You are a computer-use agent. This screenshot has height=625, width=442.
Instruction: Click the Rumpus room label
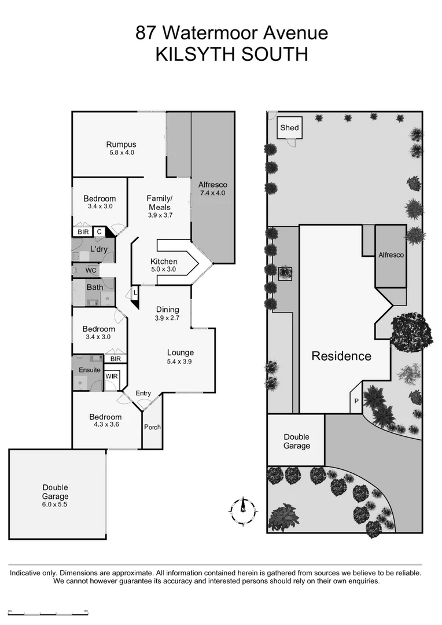121,145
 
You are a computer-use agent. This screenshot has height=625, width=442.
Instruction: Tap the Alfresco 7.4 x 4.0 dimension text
212,193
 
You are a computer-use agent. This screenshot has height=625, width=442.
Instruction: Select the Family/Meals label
160,203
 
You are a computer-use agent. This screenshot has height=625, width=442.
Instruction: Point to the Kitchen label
164,262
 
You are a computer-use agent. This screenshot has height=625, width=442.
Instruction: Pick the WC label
91,270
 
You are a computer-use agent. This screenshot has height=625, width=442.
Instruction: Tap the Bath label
95,287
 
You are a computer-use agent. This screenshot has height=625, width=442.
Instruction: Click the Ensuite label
89,370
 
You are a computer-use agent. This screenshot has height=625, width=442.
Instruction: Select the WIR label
111,376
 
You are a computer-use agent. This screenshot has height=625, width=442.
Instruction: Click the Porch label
153,427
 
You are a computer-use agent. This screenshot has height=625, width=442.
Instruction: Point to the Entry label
143,394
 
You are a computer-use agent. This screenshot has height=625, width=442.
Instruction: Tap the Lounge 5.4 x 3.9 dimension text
181,362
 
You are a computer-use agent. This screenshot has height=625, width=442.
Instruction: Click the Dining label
167,310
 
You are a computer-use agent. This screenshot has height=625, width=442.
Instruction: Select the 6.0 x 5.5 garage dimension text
55,505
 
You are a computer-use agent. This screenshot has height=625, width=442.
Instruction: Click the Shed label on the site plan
289,127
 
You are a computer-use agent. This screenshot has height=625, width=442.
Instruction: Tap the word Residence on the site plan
341,356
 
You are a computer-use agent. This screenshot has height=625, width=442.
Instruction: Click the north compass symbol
243,508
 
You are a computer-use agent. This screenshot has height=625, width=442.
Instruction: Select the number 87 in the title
145,33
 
